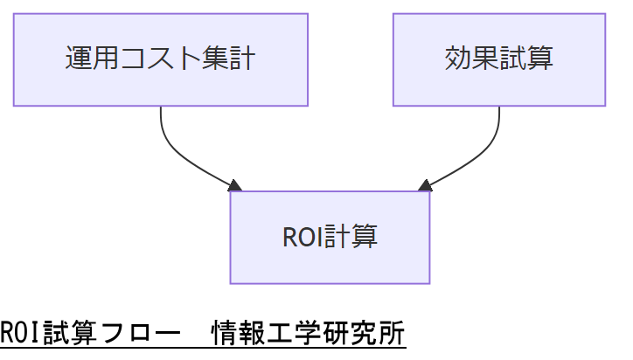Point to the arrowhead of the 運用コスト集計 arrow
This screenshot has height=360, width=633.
click(x=234, y=185)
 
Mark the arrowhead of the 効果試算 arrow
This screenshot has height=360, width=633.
click(x=425, y=185)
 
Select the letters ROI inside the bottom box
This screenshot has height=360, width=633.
click(x=303, y=237)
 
